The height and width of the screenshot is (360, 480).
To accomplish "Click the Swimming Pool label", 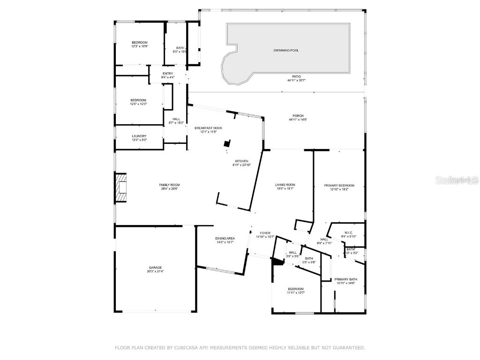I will point(286,50).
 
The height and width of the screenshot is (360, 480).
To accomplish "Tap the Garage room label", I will point(155,268).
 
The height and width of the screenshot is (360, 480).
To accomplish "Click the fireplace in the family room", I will point(122,188).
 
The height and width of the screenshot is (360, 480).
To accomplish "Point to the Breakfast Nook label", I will point(208,128).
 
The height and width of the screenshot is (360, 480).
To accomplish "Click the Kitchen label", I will point(241,161).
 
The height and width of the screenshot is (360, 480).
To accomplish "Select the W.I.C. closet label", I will point(348,233).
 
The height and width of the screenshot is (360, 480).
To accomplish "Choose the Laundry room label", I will point(139,136).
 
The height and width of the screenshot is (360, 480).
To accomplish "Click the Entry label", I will point(168,74).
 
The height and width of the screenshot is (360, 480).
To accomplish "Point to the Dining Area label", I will point(225,239).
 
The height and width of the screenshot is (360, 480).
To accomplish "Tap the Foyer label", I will point(265,233).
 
